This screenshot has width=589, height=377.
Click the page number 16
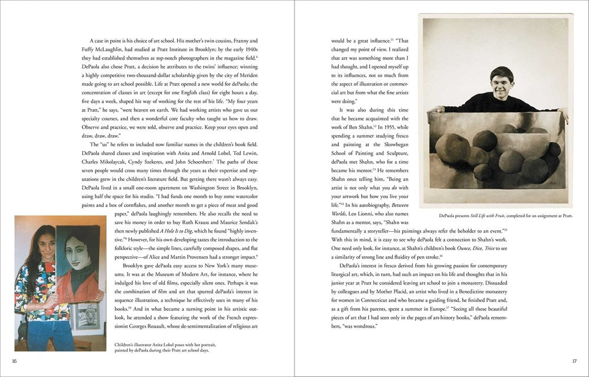(x=13, y=361)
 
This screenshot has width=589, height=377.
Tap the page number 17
(x=574, y=361)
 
